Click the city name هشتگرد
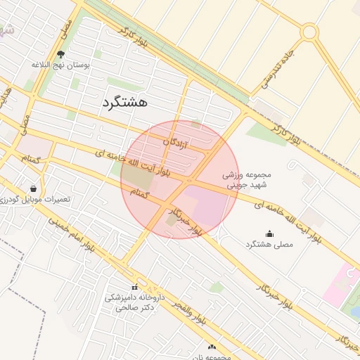click(x=124, y=102)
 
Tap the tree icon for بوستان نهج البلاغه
click(x=60, y=54)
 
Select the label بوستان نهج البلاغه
click(x=61, y=65)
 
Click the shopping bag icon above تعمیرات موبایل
click(x=34, y=188)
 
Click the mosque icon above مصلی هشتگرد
click(x=269, y=233)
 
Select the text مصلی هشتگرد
click(x=269, y=244)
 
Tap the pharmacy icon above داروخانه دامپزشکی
click(x=134, y=287)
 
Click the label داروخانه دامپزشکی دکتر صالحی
click(x=134, y=302)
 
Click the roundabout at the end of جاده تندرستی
click(x=309, y=32)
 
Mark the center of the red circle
click(x=179, y=179)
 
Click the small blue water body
click(x=356, y=310)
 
